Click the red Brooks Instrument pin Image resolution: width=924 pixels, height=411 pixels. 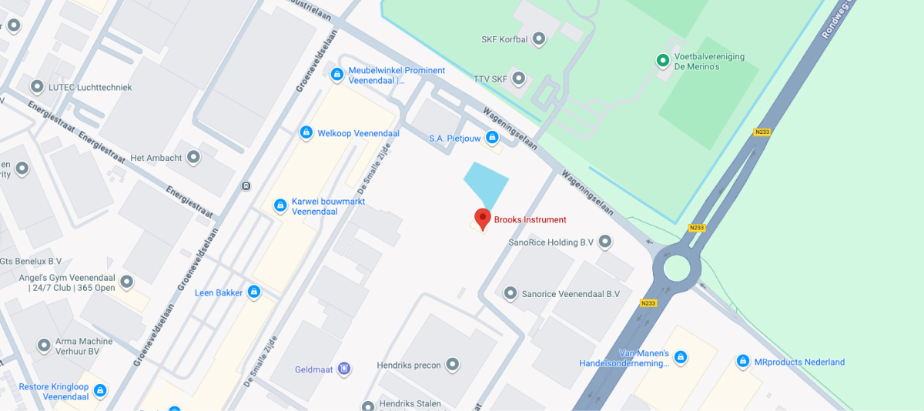(483, 218)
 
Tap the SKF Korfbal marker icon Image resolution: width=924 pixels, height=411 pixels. (539, 38)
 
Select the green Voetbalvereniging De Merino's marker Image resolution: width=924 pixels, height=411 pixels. (662, 60)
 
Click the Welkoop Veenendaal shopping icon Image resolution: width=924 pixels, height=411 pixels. (306, 133)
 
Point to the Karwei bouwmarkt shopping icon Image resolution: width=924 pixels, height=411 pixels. (280, 205)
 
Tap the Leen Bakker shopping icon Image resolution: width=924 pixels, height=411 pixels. (254, 292)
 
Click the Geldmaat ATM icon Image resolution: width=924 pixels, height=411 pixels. (344, 369)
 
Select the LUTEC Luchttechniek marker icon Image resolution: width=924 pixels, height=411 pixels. (36, 87)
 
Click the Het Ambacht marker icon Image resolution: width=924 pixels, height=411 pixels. (193, 158)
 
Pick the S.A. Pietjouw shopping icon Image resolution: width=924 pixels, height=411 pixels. (491, 138)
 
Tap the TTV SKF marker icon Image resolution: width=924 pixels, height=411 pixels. (519, 79)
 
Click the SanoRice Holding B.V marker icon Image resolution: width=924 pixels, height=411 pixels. (605, 242)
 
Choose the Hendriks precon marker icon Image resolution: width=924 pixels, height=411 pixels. (452, 365)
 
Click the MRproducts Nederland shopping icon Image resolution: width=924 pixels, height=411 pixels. (743, 362)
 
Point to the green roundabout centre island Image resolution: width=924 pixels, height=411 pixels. (677, 269)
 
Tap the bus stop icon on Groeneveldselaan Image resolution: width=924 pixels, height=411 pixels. (246, 185)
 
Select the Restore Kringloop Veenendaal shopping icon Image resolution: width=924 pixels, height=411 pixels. (99, 391)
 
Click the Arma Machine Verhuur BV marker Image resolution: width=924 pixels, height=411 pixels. (44, 346)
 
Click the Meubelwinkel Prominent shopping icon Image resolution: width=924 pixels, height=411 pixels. (336, 75)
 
